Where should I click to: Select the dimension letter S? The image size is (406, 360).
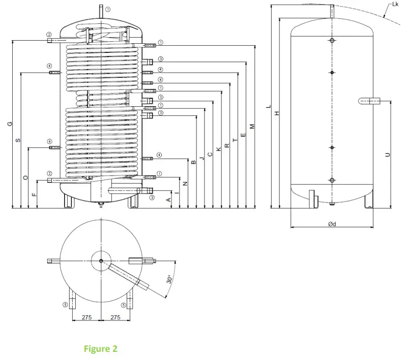point(18,140)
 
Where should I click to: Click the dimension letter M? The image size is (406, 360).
point(252,126)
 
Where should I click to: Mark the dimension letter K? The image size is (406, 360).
point(219,149)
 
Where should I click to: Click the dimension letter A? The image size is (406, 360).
point(168,200)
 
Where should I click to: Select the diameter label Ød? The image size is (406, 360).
point(331,224)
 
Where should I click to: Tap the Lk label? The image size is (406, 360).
point(395,5)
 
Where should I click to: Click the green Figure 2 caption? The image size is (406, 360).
point(101,349)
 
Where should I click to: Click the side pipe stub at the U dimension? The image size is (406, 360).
point(369,101)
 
